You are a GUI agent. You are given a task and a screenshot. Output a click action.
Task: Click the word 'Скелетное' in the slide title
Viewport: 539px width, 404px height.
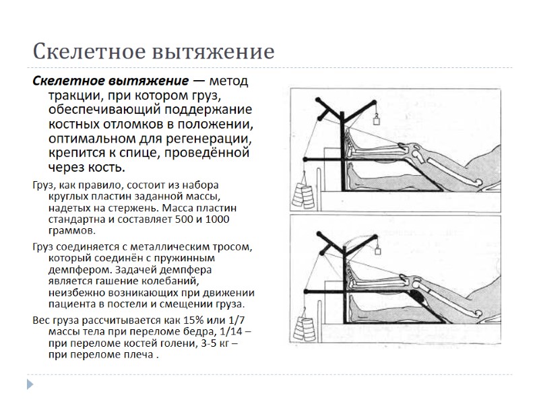point(84,52)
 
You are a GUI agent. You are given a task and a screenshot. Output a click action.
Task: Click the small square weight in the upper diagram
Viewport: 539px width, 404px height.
point(376,121)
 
